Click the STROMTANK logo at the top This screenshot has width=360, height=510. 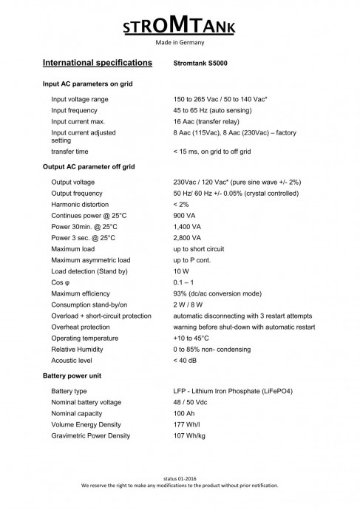pyautogui.click(x=180, y=27)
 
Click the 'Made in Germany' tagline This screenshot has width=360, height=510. pyautogui.click(x=180, y=44)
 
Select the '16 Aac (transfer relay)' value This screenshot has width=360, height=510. pyautogui.click(x=211, y=120)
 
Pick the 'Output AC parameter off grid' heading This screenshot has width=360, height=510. pyautogui.click(x=89, y=166)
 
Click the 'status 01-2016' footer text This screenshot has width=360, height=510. pyautogui.click(x=180, y=480)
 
